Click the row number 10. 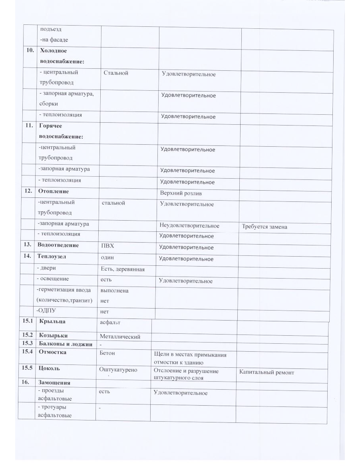click(x=28, y=51)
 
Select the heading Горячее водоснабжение click(x=61, y=131)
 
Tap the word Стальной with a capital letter click(x=116, y=73)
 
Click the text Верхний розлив click(x=181, y=193)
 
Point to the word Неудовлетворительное click(x=189, y=226)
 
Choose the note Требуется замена click(x=265, y=227)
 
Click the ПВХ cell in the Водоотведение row click(x=108, y=245)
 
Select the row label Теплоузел click(x=52, y=257)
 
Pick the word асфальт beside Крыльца click(x=110, y=322)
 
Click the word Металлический click(x=120, y=337)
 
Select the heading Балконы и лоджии click(x=66, y=344)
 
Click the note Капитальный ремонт click(x=267, y=372)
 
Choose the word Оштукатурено click(x=118, y=370)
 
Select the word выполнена click(x=115, y=291)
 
